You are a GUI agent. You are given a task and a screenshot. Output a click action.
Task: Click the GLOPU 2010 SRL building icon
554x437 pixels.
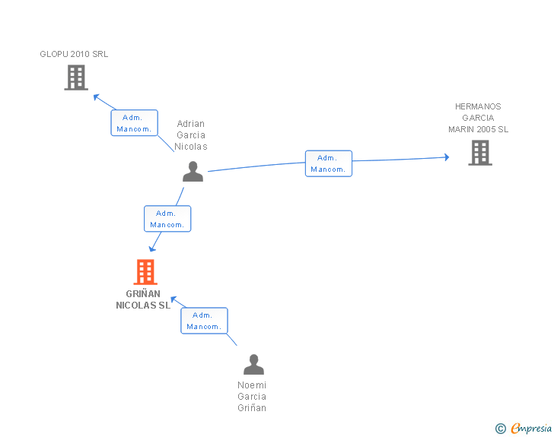pos(76,78)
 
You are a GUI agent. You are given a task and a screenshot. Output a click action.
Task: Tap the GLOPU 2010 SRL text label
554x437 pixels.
pos(74,54)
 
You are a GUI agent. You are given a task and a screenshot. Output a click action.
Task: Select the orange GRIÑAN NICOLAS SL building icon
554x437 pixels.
pos(145,272)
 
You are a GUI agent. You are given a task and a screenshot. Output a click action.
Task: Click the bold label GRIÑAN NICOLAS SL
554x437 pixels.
pos(143,299)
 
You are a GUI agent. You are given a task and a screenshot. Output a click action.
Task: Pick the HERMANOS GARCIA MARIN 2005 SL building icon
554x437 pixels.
pos(480,153)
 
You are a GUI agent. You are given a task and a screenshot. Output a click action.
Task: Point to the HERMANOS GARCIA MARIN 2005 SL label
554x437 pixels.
pos(479,118)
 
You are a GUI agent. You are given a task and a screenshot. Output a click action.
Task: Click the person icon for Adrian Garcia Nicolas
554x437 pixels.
pos(193,172)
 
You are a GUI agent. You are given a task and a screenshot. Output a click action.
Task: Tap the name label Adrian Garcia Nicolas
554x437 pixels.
pos(191,135)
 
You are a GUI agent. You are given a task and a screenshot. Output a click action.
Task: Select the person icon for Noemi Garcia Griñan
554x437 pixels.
pos(253,364)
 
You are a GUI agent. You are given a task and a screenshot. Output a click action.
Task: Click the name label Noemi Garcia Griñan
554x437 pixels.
pos(252,397)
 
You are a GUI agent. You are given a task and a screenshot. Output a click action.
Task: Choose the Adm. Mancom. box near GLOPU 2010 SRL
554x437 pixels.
pos(134,123)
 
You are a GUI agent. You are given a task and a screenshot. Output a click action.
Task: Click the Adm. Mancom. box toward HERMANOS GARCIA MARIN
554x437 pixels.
pos(329,163)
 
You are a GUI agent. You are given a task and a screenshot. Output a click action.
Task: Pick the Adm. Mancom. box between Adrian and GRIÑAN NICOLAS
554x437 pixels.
pos(167,219)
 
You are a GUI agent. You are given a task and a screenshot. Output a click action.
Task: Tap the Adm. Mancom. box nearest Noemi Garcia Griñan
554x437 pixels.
pos(204,321)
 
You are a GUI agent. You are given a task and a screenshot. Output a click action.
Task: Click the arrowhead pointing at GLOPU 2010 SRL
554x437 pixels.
pos(97,97)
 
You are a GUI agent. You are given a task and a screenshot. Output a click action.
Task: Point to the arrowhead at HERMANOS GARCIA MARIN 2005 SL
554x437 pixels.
pos(447,157)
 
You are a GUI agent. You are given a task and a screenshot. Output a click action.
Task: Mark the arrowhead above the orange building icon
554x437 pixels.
pos(152,249)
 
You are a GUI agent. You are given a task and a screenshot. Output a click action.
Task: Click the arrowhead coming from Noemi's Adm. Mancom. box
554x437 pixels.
pos(174,299)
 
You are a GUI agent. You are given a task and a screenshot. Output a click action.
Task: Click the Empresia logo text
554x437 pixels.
pos(531,428)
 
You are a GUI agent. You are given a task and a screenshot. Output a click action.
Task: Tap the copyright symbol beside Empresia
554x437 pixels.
pos(501,429)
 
